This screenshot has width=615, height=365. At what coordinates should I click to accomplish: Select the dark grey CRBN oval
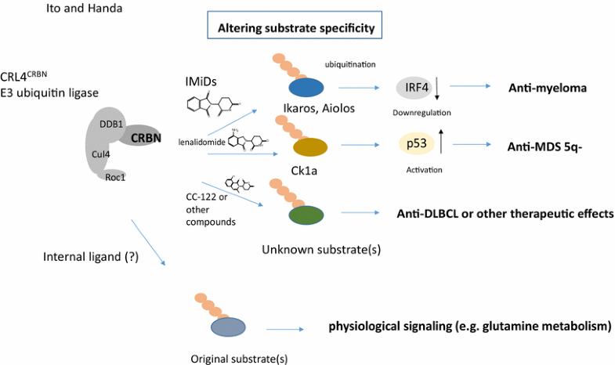pos(141,136)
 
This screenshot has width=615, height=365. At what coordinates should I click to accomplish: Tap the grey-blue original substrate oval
pos(229,327)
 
